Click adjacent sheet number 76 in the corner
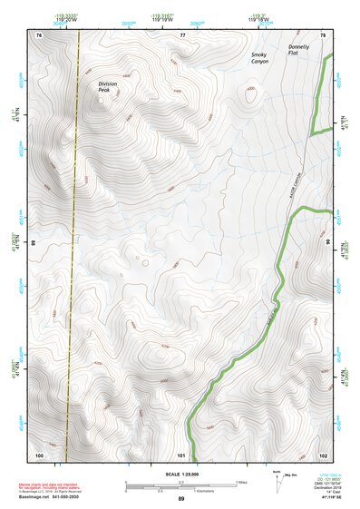39,34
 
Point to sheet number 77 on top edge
182,34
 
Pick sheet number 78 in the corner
323,34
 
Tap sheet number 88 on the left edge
34,243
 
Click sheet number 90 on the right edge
329,243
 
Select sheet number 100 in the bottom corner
39,454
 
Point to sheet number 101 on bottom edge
182,454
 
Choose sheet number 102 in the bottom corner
323,454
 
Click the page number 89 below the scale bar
181,499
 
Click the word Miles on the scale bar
240,481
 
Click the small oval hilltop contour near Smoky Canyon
248,91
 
